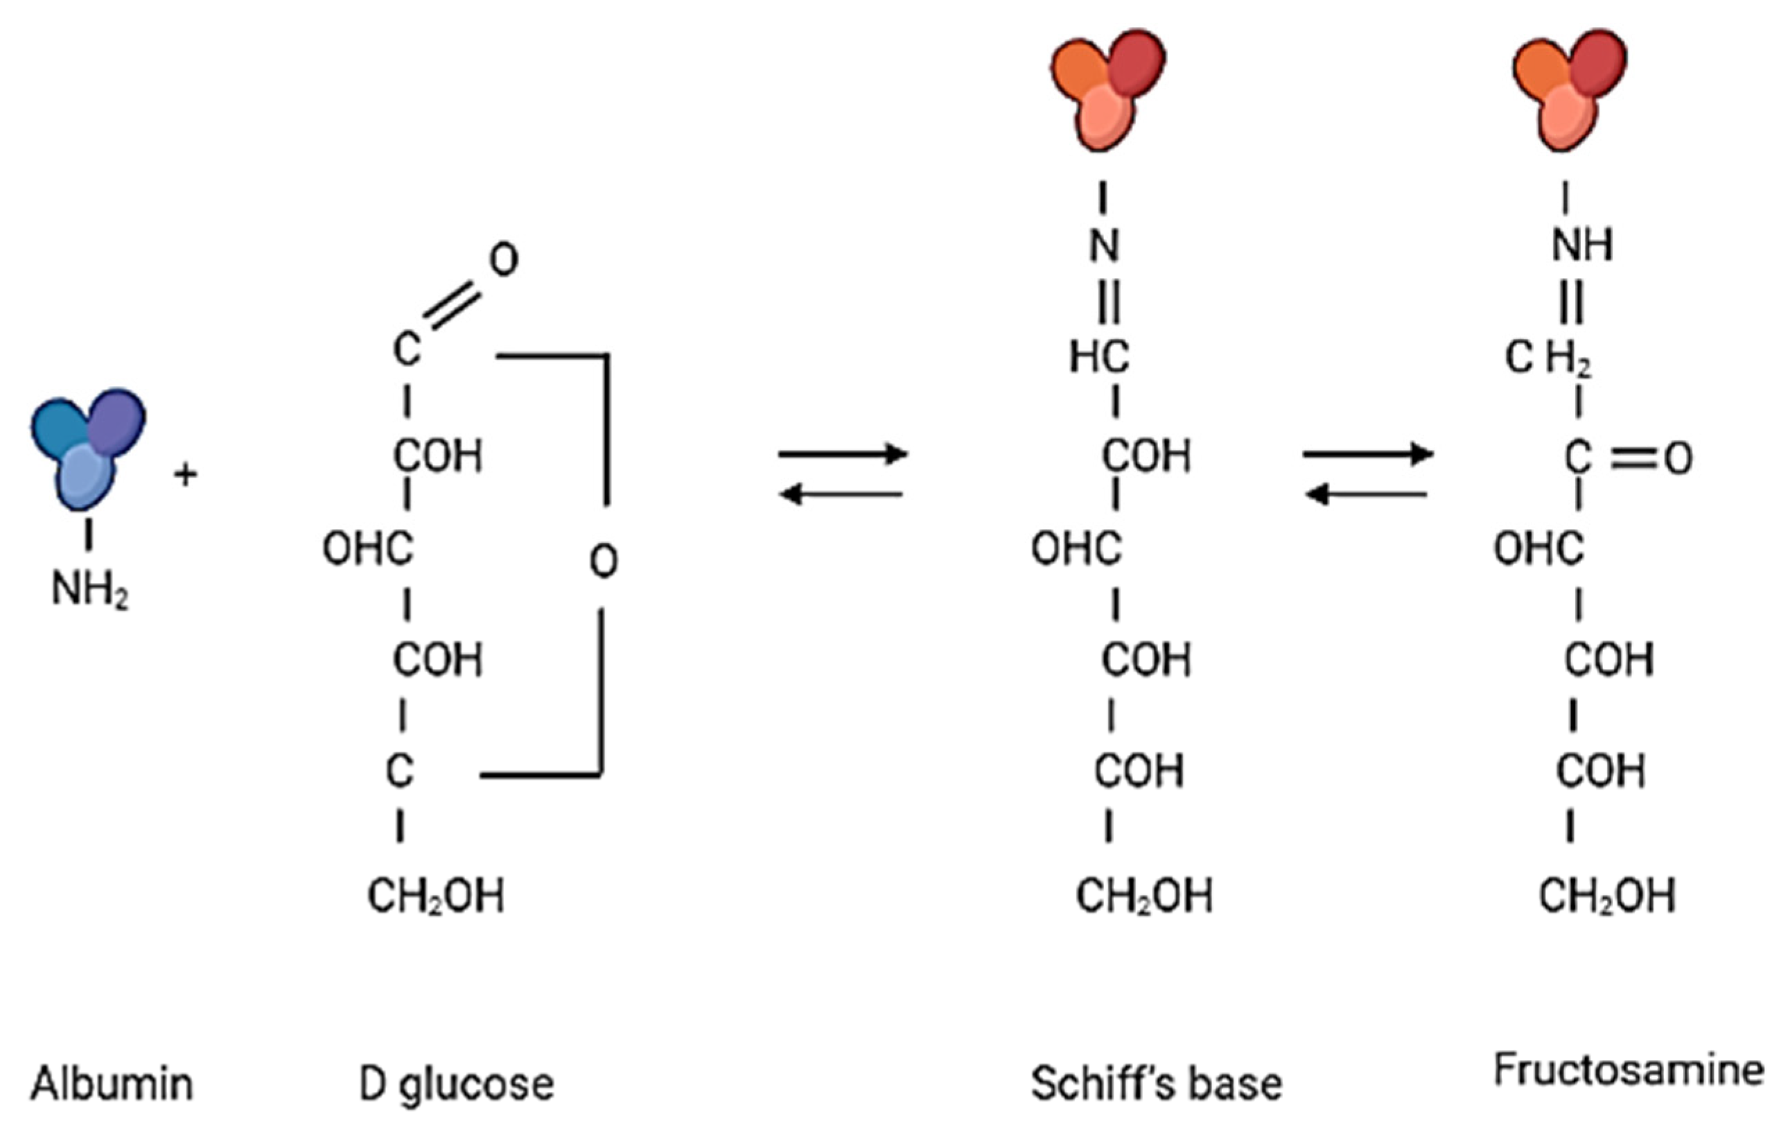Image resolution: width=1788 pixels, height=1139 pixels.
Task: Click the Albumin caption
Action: click(112, 1084)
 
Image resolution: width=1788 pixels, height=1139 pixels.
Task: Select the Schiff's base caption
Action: click(1156, 1084)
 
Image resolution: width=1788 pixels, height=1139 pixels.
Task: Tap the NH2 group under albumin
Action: click(90, 591)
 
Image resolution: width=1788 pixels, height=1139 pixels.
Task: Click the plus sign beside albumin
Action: click(186, 474)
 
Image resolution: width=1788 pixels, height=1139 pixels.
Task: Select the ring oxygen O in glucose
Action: click(604, 561)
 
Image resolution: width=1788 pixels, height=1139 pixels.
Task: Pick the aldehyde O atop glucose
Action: click(503, 260)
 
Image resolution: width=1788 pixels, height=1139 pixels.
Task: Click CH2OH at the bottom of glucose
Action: click(436, 895)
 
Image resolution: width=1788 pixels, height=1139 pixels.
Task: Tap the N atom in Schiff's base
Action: click(1104, 245)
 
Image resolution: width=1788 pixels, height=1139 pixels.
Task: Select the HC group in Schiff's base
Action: click(1100, 358)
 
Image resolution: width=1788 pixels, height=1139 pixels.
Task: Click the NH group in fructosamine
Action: click(1582, 245)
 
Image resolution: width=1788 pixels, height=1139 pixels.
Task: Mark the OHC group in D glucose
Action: click(367, 550)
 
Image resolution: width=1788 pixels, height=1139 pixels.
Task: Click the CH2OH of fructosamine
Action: click(1607, 895)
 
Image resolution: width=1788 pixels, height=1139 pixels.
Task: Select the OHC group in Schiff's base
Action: click(1077, 550)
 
